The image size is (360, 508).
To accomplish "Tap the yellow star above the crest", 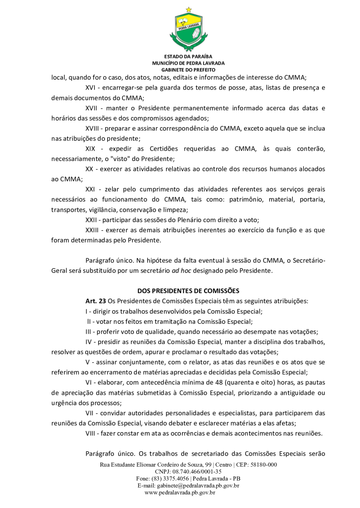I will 189,9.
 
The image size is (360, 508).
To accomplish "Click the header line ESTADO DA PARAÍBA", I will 188,57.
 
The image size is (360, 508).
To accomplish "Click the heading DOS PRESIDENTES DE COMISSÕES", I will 188,291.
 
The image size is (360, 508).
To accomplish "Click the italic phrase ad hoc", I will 180,270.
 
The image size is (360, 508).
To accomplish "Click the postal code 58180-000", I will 262,465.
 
